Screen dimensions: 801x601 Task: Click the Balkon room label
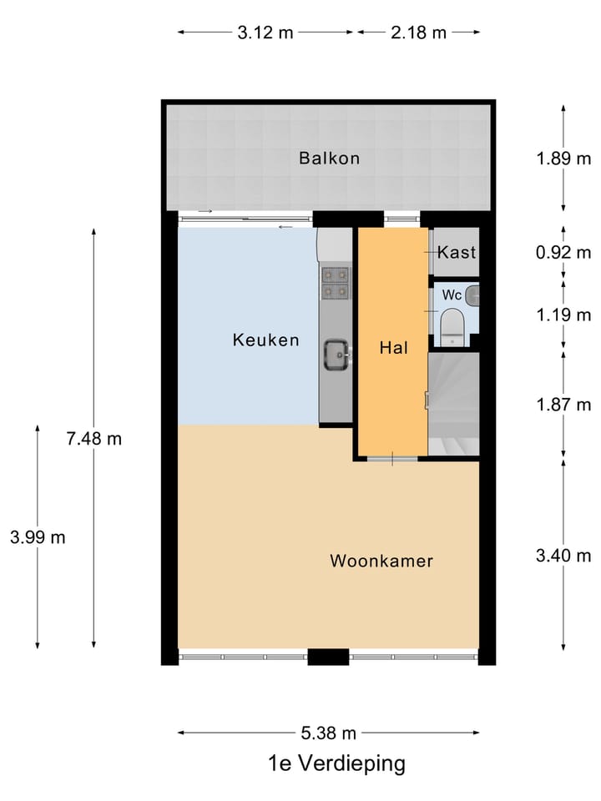point(330,159)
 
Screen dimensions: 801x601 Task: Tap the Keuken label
point(265,340)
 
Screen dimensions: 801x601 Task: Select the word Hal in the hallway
point(394,349)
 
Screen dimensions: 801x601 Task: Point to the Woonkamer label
point(381,561)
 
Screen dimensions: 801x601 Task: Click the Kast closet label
point(457,252)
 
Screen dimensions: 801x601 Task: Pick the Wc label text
point(452,295)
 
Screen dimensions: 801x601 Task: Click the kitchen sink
point(336,355)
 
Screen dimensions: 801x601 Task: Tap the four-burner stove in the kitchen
point(336,282)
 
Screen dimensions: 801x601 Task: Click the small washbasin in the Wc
point(473,294)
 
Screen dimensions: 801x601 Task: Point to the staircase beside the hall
point(453,405)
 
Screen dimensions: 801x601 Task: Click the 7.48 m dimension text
point(94,439)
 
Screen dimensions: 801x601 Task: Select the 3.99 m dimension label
point(38,537)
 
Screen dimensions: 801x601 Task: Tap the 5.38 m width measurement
point(329,733)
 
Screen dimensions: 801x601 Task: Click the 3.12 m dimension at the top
point(265,33)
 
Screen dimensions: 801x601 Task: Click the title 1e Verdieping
point(336,763)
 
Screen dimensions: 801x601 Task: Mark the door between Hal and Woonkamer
point(392,459)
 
